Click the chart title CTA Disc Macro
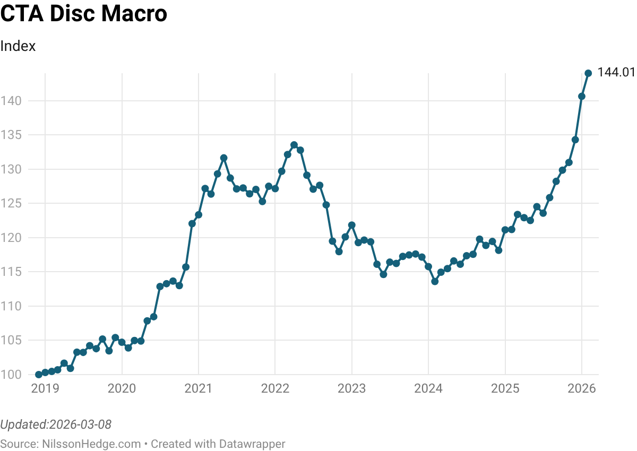pyautogui.click(x=84, y=14)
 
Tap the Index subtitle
pyautogui.click(x=18, y=46)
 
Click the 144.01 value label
pyautogui.click(x=616, y=73)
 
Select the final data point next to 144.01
pyautogui.click(x=588, y=73)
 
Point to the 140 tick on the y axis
pyautogui.click(x=11, y=101)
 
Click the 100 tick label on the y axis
pyautogui.click(x=11, y=375)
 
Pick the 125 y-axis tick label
pyautogui.click(x=11, y=203)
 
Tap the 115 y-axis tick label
pyautogui.click(x=11, y=272)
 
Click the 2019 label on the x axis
pyautogui.click(x=46, y=389)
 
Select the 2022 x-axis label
pyautogui.click(x=275, y=389)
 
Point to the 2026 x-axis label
pyautogui.click(x=582, y=389)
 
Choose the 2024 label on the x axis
pyautogui.click(x=428, y=389)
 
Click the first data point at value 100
pyautogui.click(x=39, y=375)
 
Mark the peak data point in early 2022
pyautogui.click(x=294, y=145)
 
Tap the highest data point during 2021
pyautogui.click(x=224, y=158)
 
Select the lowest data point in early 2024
pyautogui.click(x=435, y=281)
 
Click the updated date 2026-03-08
pyautogui.click(x=80, y=424)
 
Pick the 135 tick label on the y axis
pyautogui.click(x=11, y=135)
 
